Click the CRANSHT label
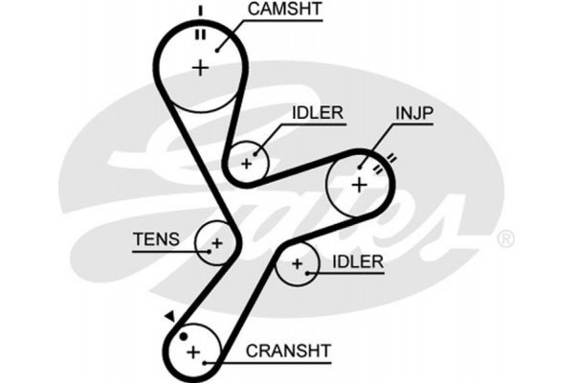[288, 351]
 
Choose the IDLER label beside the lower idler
[358, 260]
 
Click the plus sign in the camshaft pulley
[200, 67]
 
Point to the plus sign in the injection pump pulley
[359, 184]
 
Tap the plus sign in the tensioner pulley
[217, 243]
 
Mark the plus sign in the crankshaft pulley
[194, 352]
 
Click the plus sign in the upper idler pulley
[247, 163]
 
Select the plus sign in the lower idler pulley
[298, 263]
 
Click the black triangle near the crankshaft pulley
[169, 315]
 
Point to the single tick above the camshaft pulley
[201, 11]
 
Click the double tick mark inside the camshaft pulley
[201, 34]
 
